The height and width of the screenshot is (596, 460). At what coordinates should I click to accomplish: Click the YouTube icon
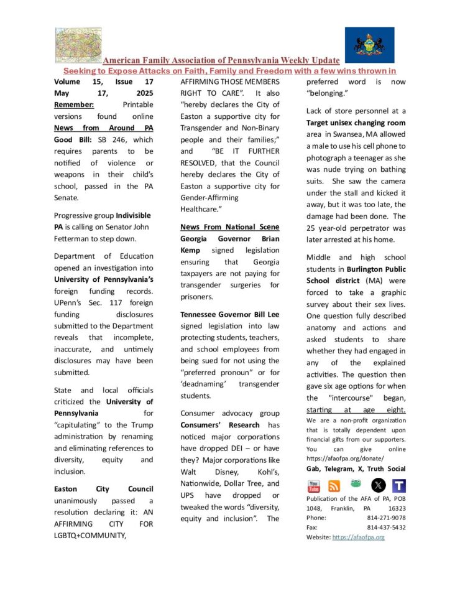pos(314,486)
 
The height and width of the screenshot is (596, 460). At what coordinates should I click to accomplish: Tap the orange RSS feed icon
pos(334,486)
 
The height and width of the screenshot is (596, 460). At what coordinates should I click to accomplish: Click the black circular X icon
pos(378,486)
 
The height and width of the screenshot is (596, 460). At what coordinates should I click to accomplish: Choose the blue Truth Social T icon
pos(399,486)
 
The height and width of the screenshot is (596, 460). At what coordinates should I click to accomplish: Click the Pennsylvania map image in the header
pos(78,45)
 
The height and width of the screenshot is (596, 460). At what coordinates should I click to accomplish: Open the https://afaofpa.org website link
pos(359,537)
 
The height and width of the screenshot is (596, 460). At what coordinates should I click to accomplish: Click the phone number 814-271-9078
pos(386,518)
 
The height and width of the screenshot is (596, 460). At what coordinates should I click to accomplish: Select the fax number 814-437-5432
pos(386,527)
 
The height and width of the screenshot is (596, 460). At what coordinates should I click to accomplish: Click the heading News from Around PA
pos(103,128)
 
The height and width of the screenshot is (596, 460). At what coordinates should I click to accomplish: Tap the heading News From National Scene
pos(229,227)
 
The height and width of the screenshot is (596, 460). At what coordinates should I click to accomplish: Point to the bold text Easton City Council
pos(103,488)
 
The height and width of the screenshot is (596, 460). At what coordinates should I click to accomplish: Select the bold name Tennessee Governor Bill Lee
pos(229,314)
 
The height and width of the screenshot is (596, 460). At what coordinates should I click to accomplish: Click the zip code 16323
pos(394,508)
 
